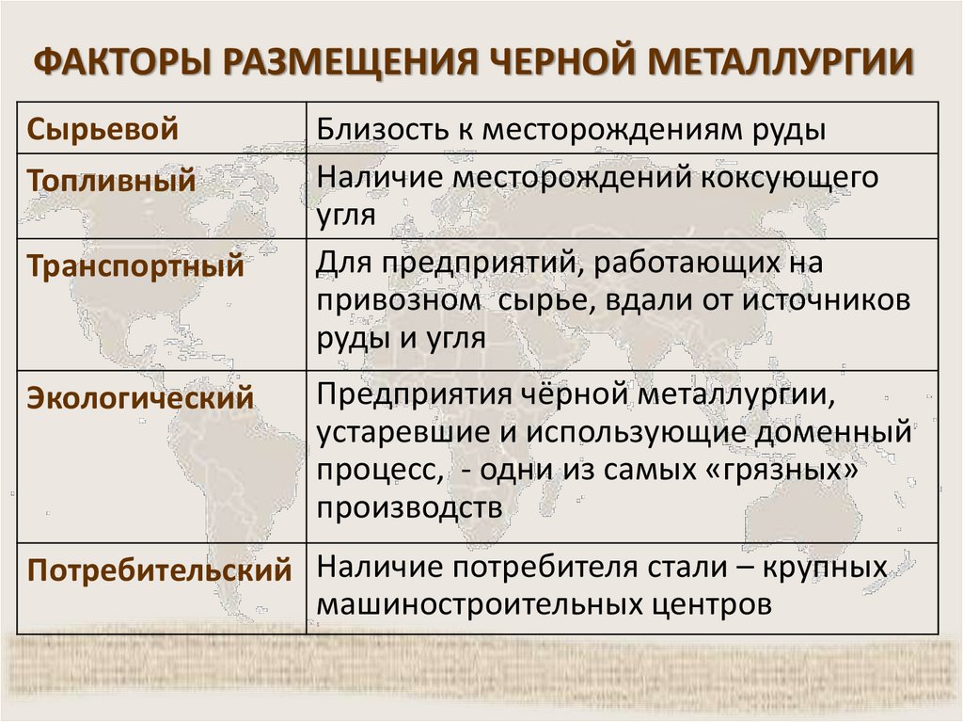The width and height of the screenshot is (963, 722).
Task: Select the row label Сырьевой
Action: (103, 129)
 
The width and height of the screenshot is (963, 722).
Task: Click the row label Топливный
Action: (111, 180)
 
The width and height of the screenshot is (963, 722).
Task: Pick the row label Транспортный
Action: (135, 265)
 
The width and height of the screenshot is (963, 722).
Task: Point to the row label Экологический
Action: (140, 397)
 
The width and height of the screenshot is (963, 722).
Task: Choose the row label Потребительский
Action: (159, 570)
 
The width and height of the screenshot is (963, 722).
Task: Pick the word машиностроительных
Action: (496, 603)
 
